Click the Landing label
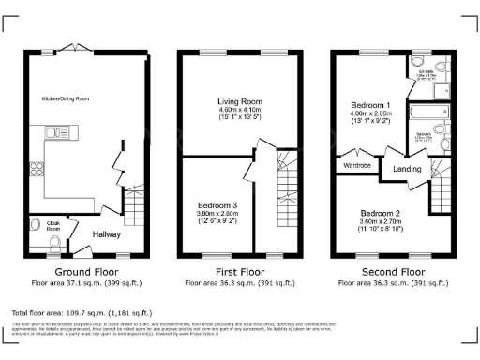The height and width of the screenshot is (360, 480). pos(406,169)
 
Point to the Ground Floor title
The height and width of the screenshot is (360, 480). pos(80,272)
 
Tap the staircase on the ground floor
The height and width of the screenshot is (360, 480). pos(136,201)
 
